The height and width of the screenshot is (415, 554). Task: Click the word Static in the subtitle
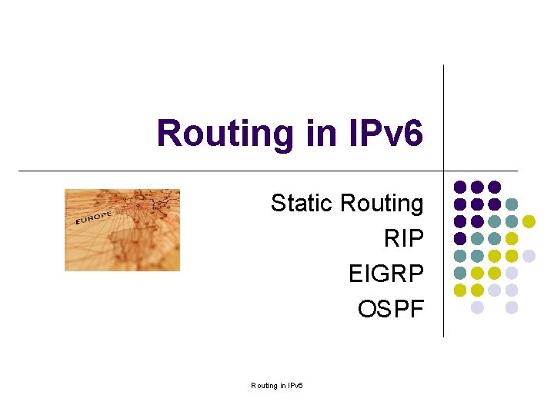(x=302, y=204)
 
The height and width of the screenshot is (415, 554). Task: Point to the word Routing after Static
(x=382, y=204)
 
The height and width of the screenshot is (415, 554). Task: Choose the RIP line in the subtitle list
(x=403, y=239)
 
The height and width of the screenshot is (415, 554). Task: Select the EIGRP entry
(x=385, y=274)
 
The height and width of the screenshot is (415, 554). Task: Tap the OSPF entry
(x=390, y=309)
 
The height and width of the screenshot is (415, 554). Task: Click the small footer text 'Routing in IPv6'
(x=277, y=385)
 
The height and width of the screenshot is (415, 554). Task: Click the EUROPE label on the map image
(x=93, y=217)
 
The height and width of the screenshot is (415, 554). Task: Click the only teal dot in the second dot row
(x=512, y=204)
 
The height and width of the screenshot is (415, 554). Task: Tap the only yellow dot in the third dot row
(x=529, y=221)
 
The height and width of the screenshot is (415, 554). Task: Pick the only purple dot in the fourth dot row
(x=460, y=238)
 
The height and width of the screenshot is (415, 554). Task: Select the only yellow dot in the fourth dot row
(x=512, y=238)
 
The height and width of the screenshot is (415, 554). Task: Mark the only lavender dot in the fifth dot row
(x=529, y=256)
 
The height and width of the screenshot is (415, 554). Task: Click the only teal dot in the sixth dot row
(x=460, y=273)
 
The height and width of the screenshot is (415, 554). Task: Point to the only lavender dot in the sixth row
(x=512, y=273)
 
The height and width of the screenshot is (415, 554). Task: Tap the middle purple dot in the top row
(x=477, y=187)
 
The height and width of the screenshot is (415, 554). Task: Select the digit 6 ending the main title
(x=413, y=134)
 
